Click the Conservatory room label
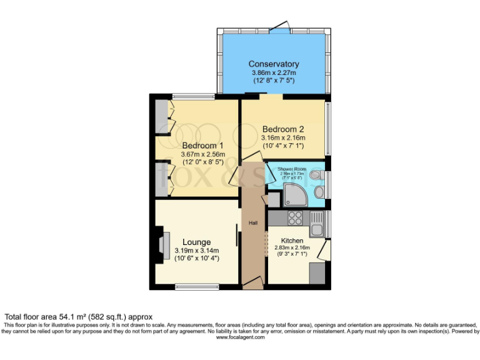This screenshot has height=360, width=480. click(x=273, y=64)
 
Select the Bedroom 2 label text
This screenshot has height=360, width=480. click(x=282, y=129)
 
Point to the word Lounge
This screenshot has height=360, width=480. click(x=196, y=242)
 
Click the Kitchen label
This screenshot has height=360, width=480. click(x=292, y=241)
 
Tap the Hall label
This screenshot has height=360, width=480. click(x=253, y=223)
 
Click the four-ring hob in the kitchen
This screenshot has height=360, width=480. click(x=295, y=219)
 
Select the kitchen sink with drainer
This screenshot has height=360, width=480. click(x=316, y=223)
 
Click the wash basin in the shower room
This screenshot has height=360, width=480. click(x=315, y=174)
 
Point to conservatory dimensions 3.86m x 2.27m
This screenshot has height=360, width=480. click(x=273, y=73)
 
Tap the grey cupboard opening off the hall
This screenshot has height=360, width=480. click(x=273, y=201)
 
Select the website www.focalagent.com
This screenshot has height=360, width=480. click(x=240, y=337)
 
